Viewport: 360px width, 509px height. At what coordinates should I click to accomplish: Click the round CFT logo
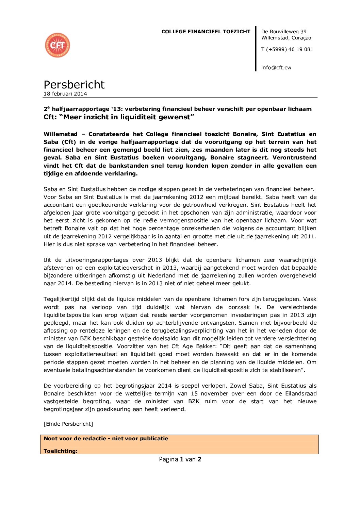tap(58, 45)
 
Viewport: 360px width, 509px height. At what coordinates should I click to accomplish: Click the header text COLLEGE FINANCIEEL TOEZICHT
tap(206, 32)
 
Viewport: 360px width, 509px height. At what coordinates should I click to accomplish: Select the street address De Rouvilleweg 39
tap(283, 32)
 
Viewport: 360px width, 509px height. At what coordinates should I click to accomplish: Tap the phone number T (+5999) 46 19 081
tap(287, 49)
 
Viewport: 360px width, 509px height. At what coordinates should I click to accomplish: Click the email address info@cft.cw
tap(276, 68)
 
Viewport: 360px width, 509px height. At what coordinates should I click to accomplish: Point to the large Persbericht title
tap(74, 85)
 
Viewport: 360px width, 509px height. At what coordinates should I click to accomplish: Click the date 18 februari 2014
tap(65, 94)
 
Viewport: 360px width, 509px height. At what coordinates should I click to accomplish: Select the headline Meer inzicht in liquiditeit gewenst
tap(119, 117)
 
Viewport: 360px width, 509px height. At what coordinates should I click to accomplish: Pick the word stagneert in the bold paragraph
tap(253, 158)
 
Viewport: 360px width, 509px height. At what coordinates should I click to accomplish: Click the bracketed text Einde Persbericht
tap(68, 424)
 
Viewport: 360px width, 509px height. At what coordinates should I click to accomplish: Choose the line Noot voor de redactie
tap(106, 439)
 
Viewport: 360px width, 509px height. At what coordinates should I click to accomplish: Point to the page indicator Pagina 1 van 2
tap(180, 459)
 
